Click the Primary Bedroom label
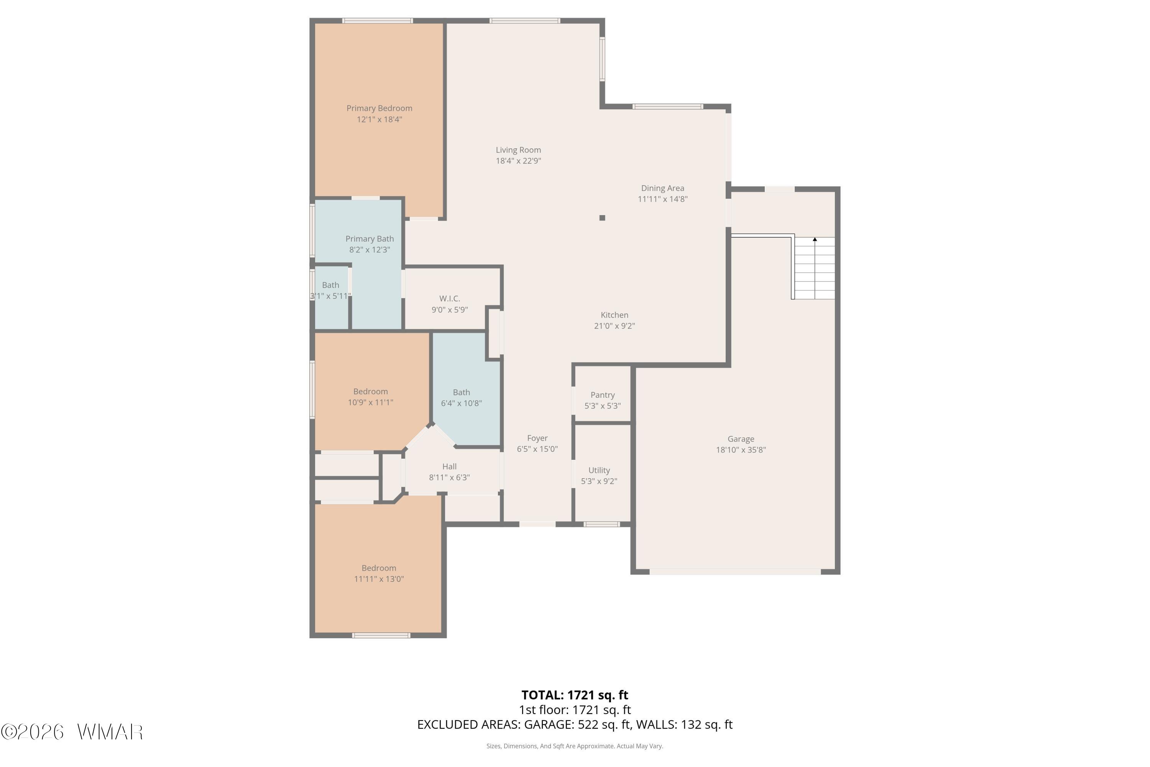(379, 108)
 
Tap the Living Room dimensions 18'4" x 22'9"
(518, 161)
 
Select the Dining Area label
(662, 188)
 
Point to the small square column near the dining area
(602, 218)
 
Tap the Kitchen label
(614, 315)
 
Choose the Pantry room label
(602, 395)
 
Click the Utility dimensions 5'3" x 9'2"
(599, 481)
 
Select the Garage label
(741, 439)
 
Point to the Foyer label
(537, 438)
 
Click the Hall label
(449, 467)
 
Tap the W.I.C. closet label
(449, 298)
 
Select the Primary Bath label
(370, 239)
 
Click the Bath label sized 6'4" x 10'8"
(462, 392)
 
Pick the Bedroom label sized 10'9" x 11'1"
(371, 391)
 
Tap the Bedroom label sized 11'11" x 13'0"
(379, 568)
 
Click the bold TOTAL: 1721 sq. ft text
(575, 695)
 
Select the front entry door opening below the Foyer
(537, 524)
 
